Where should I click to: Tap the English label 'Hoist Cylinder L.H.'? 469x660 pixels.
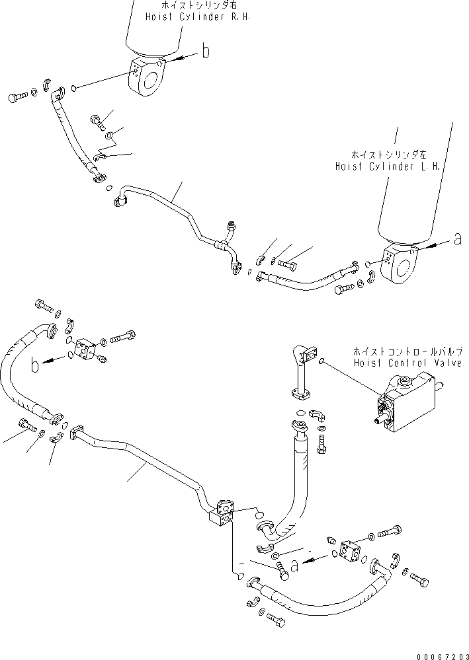(x=387, y=167)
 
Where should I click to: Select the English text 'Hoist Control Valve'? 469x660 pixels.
(x=407, y=363)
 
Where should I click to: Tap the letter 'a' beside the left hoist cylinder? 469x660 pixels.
(x=456, y=240)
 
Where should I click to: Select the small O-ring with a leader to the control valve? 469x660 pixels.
(x=321, y=361)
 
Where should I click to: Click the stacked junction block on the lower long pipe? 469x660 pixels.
(x=222, y=513)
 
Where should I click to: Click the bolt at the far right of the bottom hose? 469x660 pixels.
(x=418, y=579)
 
